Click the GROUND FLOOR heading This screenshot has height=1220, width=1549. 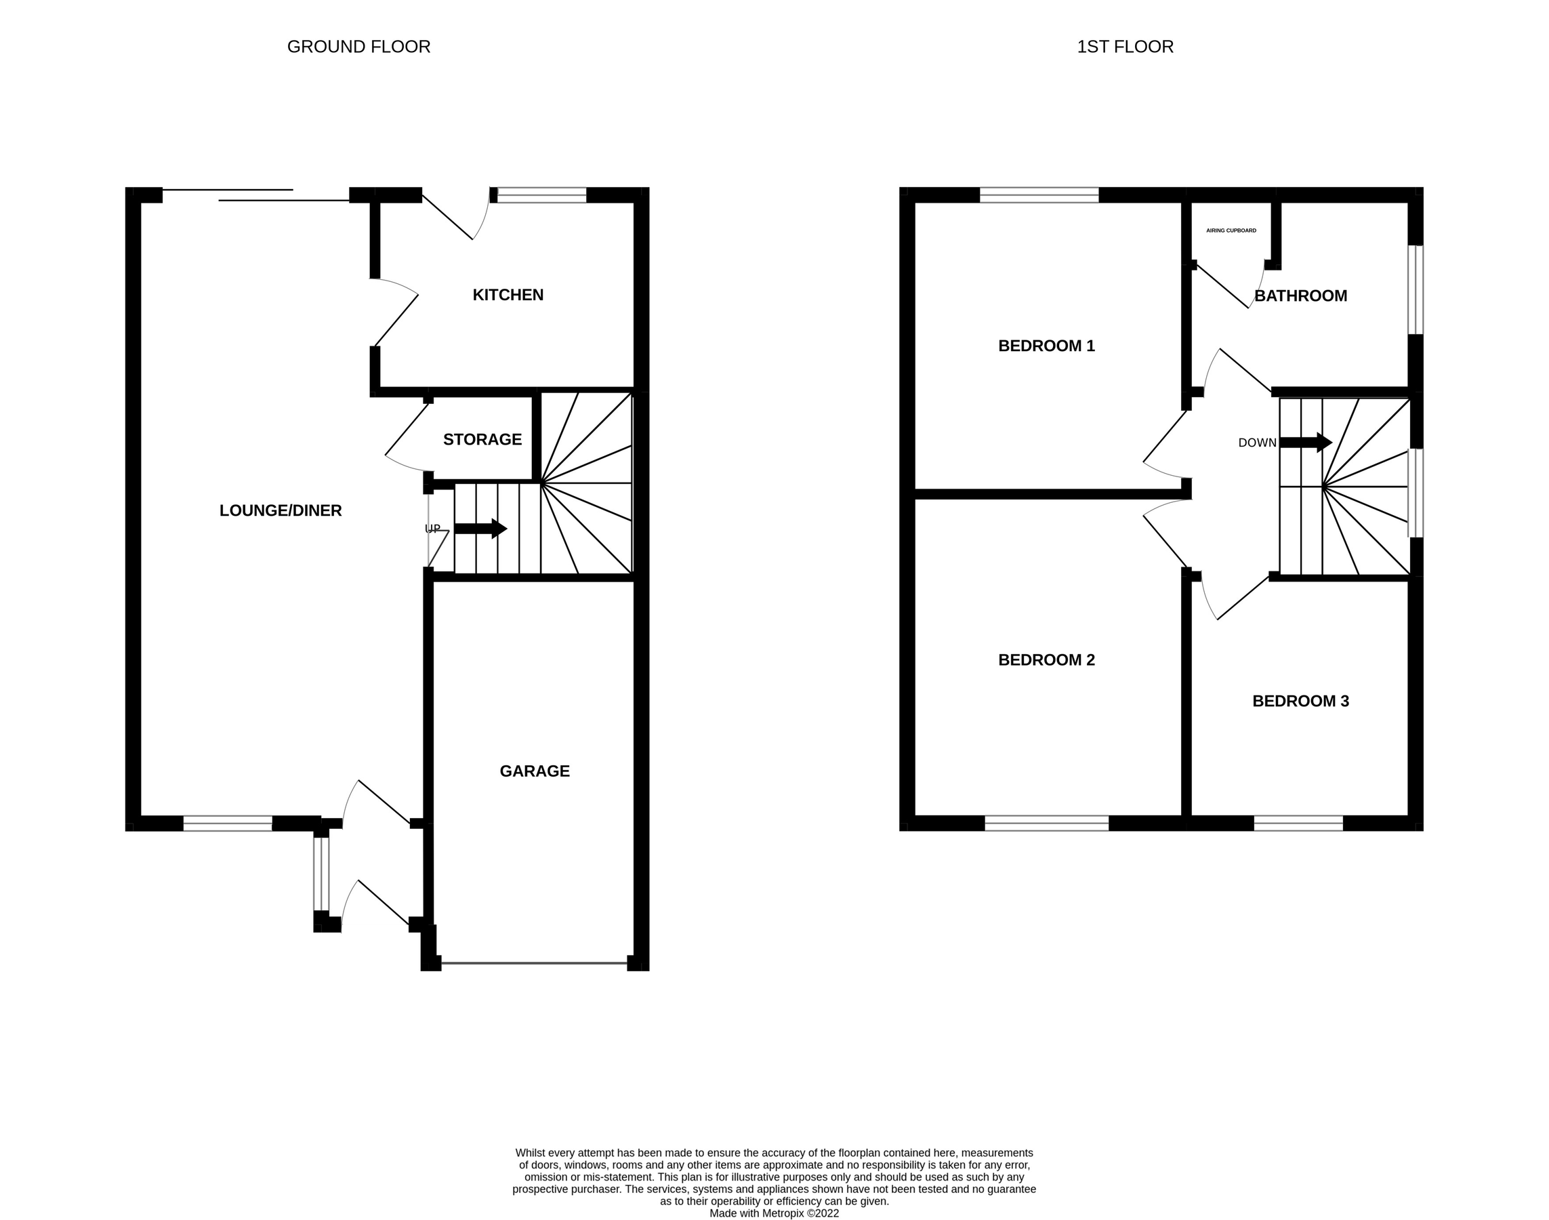[x=358, y=47]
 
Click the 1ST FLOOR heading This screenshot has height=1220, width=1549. [x=1125, y=47]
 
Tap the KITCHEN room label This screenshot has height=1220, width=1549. [x=508, y=295]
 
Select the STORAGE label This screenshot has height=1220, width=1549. [x=482, y=439]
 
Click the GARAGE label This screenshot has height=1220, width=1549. [x=534, y=771]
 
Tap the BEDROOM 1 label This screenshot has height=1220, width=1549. [x=1046, y=346]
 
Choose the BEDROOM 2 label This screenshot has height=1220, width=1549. [x=1046, y=660]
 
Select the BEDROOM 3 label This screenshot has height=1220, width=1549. [x=1300, y=701]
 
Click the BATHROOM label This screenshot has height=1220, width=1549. [x=1300, y=296]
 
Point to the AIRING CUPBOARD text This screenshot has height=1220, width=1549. [x=1231, y=230]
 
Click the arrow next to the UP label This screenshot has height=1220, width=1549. [x=480, y=529]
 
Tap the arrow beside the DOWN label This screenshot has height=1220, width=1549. [x=1306, y=442]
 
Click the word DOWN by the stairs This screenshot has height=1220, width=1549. [x=1257, y=443]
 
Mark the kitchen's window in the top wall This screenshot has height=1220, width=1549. [x=541, y=195]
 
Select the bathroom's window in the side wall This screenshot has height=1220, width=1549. [x=1415, y=289]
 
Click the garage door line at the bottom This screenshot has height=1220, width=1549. [x=534, y=964]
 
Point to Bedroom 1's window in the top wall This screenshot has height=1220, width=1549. [x=1038, y=195]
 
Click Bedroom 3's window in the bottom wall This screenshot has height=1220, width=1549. [x=1298, y=823]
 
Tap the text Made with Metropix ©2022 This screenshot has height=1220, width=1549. [x=774, y=1213]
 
